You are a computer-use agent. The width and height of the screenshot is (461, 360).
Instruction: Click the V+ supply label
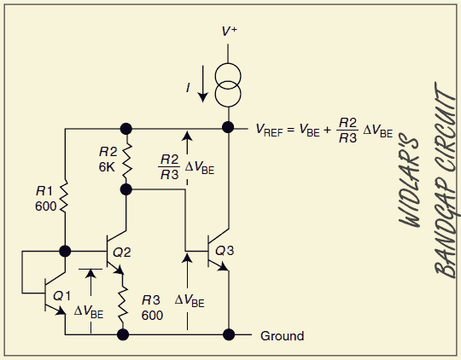pos(230,31)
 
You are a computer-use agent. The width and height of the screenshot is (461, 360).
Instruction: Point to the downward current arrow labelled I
pos(202,84)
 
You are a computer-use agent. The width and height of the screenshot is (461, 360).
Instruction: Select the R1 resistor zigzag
pos(64,196)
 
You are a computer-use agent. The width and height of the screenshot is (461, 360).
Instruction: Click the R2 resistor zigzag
pos(126,161)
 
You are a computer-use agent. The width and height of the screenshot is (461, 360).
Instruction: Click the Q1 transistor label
pos(61,296)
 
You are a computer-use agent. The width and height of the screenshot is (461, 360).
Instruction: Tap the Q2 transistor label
pos(122,253)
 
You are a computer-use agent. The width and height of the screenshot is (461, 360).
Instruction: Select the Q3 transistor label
pos(225,251)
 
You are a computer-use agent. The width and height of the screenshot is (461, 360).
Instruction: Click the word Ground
pos(283,336)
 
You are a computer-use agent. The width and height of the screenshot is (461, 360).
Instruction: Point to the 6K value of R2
pos(107,167)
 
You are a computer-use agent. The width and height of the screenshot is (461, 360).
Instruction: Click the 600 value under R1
pos(45,206)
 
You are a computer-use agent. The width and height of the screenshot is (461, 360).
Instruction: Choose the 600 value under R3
pos(152,316)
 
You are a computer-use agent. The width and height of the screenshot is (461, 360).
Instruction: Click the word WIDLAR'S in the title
pos(410,180)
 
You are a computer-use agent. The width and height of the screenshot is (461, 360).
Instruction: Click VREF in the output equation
pos(269,131)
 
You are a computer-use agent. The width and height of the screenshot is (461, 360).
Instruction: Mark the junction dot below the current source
pos(228,128)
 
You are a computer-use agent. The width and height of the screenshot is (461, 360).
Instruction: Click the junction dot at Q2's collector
pos(126,189)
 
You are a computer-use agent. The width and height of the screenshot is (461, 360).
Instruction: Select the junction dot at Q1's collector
pos(65,252)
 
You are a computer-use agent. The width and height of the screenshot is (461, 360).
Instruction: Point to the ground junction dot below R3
pos(123,334)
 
